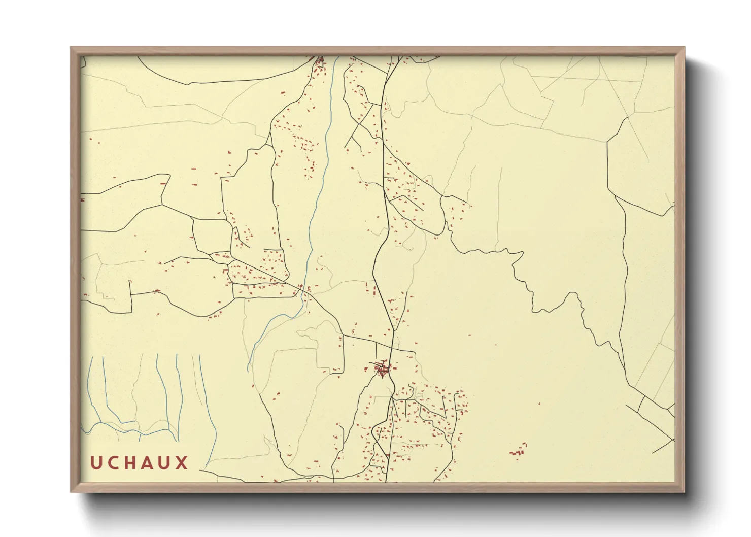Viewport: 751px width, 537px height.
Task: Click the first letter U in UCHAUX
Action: point(97,462)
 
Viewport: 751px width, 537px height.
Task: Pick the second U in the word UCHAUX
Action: point(165,462)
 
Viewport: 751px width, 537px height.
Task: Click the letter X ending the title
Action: point(182,462)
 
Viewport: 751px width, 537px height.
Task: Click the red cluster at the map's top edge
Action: point(320,62)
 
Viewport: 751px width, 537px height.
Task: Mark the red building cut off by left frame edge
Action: point(82,200)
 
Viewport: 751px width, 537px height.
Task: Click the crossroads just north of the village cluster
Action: point(392,349)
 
